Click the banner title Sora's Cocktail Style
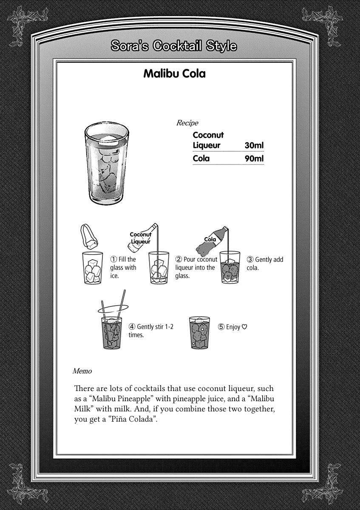173,45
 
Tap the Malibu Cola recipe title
174,74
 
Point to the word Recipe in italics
187,123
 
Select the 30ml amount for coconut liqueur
254,145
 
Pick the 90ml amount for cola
254,159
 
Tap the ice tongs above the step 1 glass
89,236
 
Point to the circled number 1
113,259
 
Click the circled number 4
132,327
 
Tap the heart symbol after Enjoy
244,327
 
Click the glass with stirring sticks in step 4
111,331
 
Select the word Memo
82,371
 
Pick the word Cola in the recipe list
201,159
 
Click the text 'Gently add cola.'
265,263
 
